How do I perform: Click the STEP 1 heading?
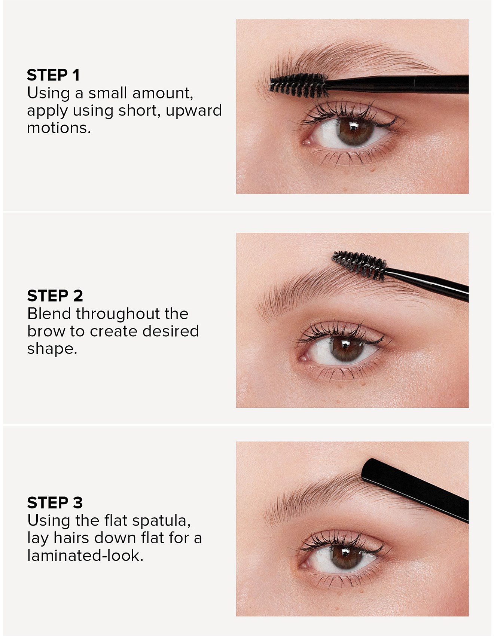54,75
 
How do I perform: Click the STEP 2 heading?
55,296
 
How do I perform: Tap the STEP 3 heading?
55,503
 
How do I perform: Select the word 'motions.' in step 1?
59,128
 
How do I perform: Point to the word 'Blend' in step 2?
49,314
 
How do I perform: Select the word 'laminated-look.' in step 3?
85,556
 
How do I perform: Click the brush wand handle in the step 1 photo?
399,84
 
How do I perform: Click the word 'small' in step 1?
107,93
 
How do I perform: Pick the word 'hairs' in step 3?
71,538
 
